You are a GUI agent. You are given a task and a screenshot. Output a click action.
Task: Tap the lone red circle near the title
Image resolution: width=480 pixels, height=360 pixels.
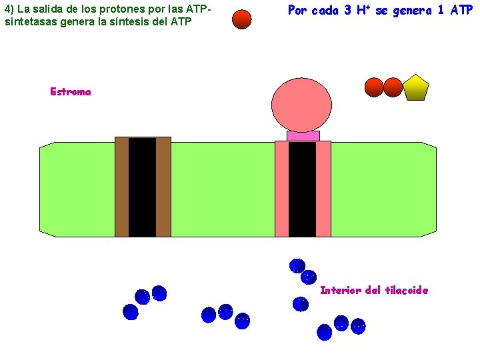[x=242, y=19]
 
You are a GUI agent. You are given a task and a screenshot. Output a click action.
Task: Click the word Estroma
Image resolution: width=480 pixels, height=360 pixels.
[x=70, y=92]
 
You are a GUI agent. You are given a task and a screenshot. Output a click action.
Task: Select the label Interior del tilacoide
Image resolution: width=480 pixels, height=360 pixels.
[x=374, y=290]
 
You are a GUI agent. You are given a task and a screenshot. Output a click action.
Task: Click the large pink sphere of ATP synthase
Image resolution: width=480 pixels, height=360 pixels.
[x=302, y=105]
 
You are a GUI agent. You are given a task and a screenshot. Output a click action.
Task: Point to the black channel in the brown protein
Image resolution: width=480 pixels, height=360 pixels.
[x=142, y=187]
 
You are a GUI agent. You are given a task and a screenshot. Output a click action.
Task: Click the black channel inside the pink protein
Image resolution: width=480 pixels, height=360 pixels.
[x=302, y=189]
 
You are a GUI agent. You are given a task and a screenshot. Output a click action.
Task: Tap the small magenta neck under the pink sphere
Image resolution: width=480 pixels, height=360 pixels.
[x=303, y=136]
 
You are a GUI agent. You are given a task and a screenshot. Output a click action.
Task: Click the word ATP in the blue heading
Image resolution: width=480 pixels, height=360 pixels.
[x=461, y=11]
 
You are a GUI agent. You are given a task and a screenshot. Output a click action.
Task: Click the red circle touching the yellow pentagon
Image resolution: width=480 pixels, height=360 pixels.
[x=393, y=87]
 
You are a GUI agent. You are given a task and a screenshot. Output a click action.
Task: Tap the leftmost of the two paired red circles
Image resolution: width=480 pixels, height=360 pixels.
[x=374, y=87]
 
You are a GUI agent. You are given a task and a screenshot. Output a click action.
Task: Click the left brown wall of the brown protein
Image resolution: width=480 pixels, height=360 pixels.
[x=122, y=187]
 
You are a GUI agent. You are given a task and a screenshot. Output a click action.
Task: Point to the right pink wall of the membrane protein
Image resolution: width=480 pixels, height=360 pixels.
[x=323, y=189]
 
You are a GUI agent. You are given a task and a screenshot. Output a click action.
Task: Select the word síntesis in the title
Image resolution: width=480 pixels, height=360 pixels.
[x=126, y=21]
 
